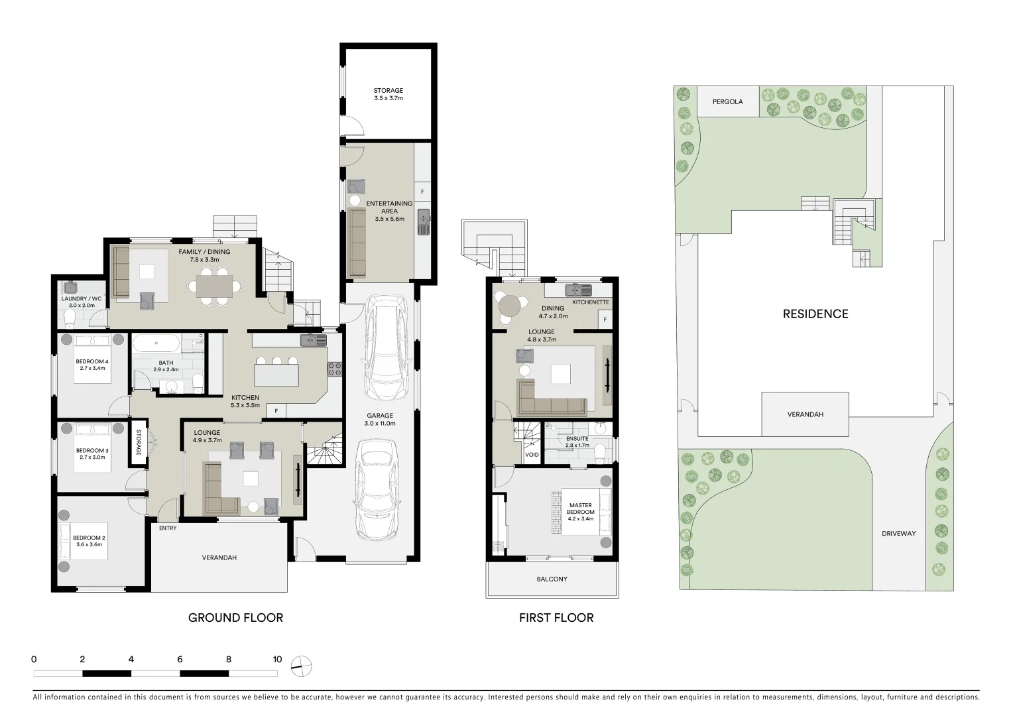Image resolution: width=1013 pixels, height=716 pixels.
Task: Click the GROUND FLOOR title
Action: click(x=235, y=618)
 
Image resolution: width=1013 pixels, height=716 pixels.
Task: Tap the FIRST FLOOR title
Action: click(x=556, y=618)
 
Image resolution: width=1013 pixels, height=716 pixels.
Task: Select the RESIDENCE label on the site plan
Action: click(x=815, y=314)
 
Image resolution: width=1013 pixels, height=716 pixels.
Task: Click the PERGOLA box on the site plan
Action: click(x=727, y=102)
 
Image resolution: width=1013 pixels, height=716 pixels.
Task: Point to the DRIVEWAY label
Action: click(x=898, y=533)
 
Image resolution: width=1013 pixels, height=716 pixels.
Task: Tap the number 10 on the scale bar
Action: click(x=277, y=659)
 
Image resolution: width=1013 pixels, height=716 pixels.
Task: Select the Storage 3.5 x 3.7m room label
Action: click(x=388, y=94)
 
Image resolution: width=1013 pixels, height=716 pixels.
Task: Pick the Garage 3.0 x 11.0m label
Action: click(x=380, y=419)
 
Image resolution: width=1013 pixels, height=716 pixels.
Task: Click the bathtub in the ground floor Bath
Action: click(x=156, y=344)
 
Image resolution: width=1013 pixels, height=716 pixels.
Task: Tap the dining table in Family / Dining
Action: click(x=214, y=286)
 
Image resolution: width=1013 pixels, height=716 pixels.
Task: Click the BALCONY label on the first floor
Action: click(x=552, y=579)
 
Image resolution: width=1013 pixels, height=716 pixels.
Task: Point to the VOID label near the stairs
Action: click(x=532, y=455)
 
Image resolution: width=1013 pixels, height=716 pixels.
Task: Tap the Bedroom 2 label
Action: click(x=88, y=541)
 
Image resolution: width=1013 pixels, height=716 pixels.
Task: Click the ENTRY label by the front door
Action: click(x=168, y=528)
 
